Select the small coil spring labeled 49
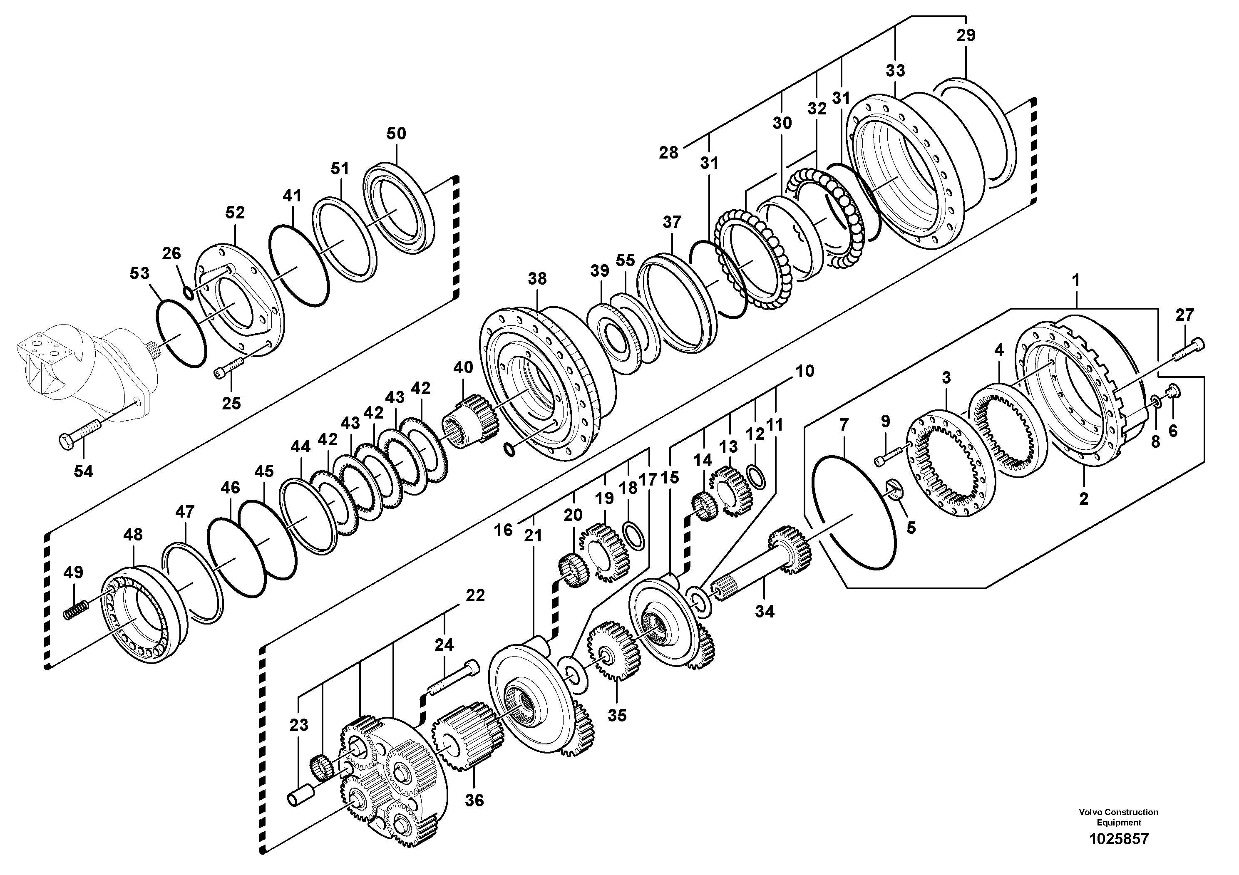click(x=76, y=609)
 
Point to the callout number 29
click(x=966, y=36)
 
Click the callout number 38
click(x=537, y=279)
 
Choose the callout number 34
click(x=764, y=611)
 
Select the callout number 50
click(x=396, y=133)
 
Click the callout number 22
click(x=475, y=595)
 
